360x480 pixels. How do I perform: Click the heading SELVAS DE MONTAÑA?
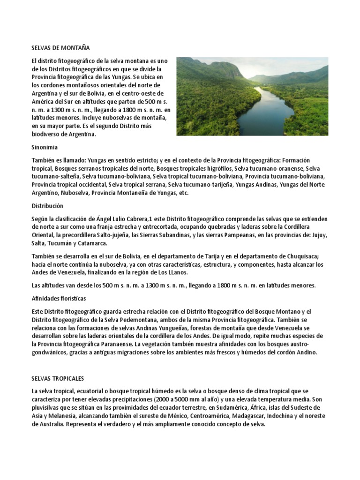(x=60, y=48)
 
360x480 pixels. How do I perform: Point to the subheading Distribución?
(x=47, y=206)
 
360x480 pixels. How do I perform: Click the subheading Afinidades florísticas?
(x=59, y=298)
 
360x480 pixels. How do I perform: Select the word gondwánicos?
(x=49, y=352)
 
